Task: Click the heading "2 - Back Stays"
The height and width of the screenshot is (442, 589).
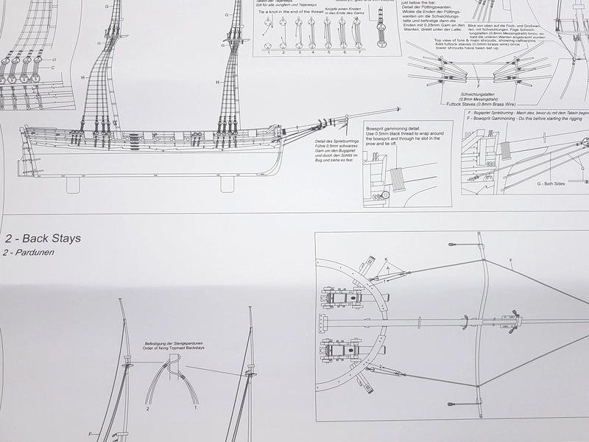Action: pyautogui.click(x=41, y=239)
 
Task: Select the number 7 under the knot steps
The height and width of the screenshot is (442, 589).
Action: pyautogui.click(x=359, y=53)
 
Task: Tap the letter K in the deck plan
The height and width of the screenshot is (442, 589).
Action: pyautogui.click(x=384, y=259)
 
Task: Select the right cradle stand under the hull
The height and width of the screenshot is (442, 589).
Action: pyautogui.click(x=227, y=183)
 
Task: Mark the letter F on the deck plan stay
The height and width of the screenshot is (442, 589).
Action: pyautogui.click(x=511, y=260)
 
